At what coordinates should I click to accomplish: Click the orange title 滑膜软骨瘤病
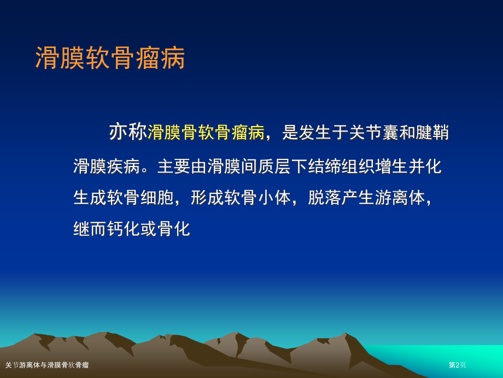110,58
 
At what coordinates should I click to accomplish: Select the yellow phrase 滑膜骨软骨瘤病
206,132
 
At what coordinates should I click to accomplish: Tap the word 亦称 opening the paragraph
128,132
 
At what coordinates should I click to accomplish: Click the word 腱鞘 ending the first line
432,132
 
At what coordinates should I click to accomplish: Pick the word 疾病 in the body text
124,166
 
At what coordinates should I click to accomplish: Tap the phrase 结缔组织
341,166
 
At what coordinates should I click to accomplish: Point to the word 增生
391,166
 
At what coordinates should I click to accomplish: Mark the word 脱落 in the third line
324,197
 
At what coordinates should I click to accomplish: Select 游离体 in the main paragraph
399,197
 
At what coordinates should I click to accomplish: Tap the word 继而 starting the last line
90,228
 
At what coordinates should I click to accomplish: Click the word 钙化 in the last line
124,228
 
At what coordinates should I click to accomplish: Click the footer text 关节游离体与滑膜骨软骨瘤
47,365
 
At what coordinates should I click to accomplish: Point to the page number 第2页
457,365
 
